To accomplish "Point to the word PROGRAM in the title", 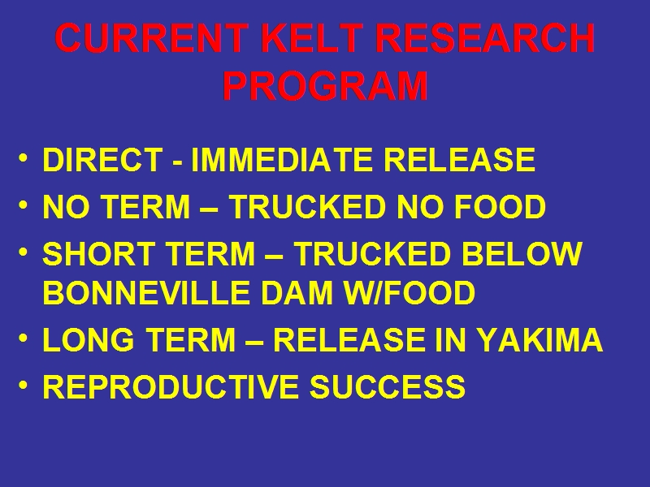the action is coord(325,86).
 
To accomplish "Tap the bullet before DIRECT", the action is coord(24,157).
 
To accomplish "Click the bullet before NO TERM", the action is coord(24,205).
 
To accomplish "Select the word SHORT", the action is coord(98,253).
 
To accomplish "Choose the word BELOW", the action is coord(522,253).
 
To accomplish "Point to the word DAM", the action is coord(297,292).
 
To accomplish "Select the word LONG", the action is coord(89,339).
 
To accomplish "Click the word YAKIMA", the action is coord(539,339).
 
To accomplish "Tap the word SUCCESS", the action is coord(388,386).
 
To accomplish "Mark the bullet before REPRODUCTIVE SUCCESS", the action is coord(24,385).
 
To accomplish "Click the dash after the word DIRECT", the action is coord(176,163).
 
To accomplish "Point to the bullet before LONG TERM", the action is coord(24,338).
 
